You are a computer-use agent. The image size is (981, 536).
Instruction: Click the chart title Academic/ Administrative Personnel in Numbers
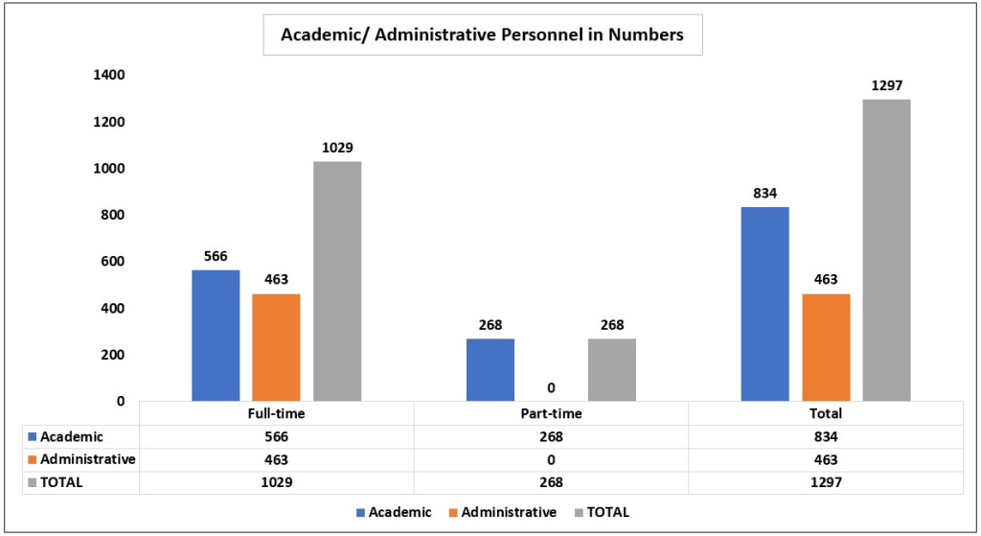coord(482,35)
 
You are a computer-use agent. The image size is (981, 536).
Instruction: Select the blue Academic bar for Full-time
coord(216,336)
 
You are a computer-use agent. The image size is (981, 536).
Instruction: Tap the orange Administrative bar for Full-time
coord(276,347)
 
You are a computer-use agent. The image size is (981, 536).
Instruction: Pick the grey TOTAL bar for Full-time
coord(337,281)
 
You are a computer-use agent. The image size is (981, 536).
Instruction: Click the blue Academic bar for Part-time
coord(490,370)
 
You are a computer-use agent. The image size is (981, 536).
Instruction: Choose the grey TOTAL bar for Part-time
coord(612,370)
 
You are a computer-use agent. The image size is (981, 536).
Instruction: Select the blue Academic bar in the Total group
coord(765,304)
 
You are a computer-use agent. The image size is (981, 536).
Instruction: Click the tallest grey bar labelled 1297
coord(886,250)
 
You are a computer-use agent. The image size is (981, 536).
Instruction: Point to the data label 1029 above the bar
coord(337,148)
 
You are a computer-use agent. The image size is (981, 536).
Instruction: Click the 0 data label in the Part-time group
coord(551,387)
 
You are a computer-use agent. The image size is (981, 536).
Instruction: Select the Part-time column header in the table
coord(551,414)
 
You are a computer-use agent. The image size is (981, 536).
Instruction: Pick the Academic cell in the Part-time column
coord(551,436)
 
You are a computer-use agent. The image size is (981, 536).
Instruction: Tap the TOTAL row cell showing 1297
coord(826,482)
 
